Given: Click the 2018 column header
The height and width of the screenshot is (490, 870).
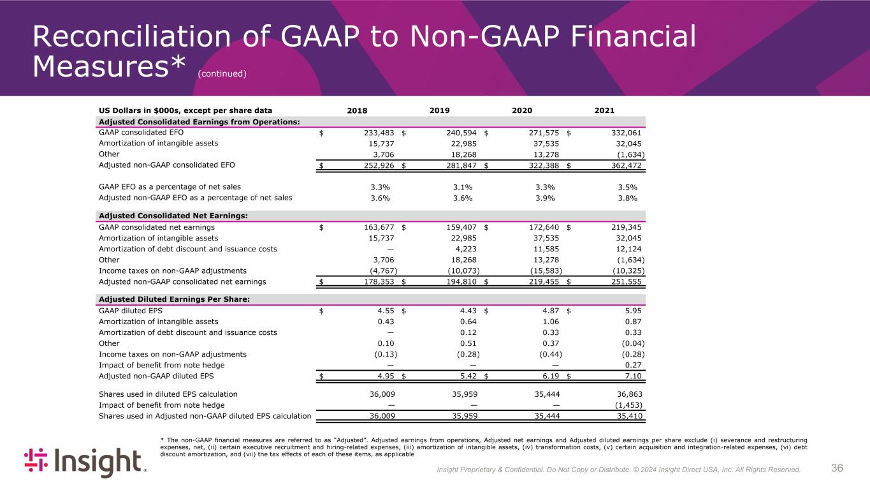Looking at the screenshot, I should [357, 110].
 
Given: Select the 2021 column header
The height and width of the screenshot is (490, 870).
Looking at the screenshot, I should [604, 110].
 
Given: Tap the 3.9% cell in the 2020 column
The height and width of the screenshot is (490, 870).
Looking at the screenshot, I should [544, 198].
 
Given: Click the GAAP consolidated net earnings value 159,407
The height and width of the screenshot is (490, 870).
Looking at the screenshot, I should [457, 227].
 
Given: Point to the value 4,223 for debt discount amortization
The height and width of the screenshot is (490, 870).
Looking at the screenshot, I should [465, 249].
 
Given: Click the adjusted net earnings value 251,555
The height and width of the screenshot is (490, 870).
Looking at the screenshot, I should [621, 281].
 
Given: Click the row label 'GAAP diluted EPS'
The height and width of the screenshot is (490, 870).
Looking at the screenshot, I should [126, 311].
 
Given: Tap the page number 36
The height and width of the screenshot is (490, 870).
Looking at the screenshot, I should [837, 468].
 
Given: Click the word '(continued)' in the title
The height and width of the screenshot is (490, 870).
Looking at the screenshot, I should [222, 74].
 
